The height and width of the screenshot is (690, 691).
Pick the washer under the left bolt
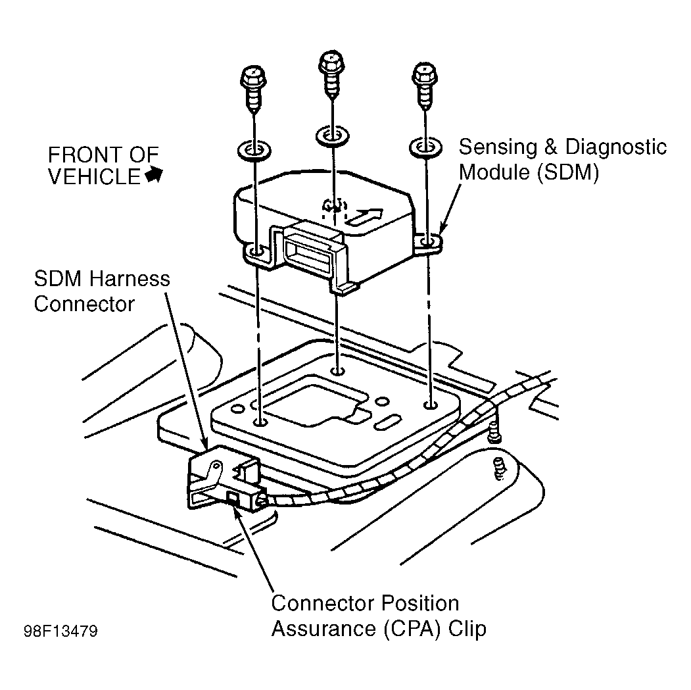(x=254, y=151)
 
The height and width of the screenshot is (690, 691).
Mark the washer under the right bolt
(x=425, y=147)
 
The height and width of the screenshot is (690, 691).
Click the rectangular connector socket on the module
(x=308, y=253)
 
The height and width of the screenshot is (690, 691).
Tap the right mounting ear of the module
(x=429, y=243)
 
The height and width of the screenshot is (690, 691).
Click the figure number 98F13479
(x=60, y=631)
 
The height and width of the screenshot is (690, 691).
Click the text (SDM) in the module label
(x=568, y=172)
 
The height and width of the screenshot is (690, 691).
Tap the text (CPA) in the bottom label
(x=412, y=629)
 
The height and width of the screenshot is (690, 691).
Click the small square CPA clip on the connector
(x=232, y=499)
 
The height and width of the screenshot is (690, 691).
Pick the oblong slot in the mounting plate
(x=387, y=422)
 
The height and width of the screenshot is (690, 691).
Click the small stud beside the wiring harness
(x=495, y=431)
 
